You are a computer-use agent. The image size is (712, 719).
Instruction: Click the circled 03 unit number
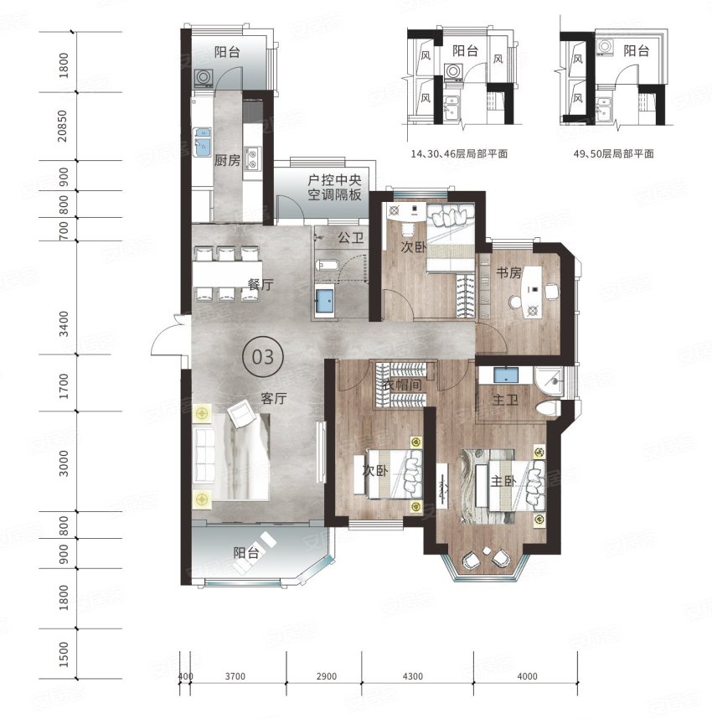pos(263,357)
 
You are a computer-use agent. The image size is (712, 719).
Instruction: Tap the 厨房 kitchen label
pos(227,161)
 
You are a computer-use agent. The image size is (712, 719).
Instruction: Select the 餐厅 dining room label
pos(261,285)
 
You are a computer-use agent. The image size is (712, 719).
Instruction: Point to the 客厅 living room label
pos(274,398)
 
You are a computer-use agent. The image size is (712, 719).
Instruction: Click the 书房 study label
pos(509,273)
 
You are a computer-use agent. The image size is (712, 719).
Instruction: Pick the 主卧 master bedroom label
pos(503,481)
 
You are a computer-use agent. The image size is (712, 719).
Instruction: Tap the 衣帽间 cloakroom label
pos(403,385)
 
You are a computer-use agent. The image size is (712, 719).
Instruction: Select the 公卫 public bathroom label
pos(351,237)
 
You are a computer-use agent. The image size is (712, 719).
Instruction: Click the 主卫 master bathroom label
pos(505,401)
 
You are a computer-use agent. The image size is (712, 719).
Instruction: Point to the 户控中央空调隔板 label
pos(334,188)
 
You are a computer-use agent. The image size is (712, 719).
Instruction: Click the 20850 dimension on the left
pos(62,126)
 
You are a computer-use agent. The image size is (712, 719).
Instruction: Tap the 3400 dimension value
pos(64,323)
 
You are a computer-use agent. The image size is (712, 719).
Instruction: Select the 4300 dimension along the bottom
pos(413,676)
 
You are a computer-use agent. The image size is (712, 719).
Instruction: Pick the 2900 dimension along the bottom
pos(327,676)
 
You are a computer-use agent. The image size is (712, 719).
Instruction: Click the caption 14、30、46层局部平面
pos(459,153)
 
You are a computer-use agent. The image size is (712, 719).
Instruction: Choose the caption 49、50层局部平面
pos(614,153)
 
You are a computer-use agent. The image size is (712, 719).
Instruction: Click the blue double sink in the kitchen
pos(202,142)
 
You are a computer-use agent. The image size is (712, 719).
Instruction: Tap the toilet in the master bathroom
pos(549,408)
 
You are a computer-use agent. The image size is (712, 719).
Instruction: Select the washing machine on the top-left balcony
pos(203,77)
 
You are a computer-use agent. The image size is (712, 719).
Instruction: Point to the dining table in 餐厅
pos(227,274)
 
